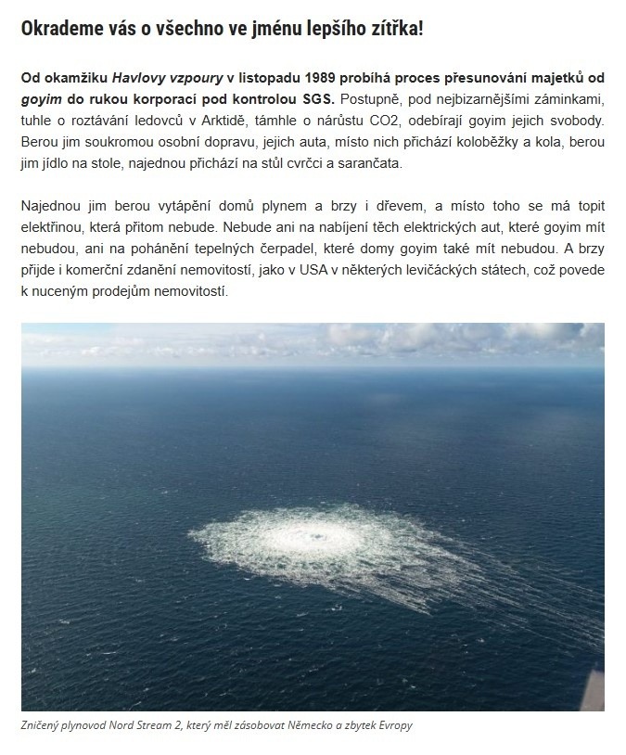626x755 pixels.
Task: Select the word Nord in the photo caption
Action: (x=129, y=725)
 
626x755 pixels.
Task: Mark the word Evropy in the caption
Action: (x=394, y=725)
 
